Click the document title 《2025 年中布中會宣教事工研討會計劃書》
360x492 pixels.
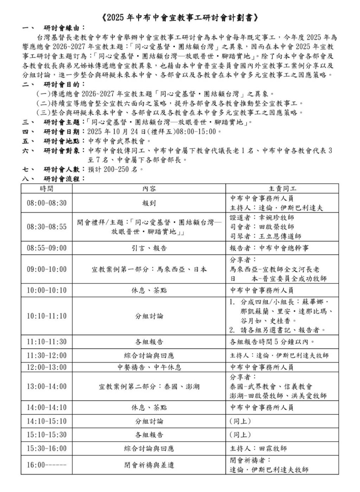(180, 18)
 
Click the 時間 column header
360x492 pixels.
(46, 189)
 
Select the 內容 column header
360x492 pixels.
(149, 189)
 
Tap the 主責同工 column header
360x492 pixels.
(282, 189)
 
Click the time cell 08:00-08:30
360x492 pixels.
(46, 203)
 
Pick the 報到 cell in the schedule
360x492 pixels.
(149, 203)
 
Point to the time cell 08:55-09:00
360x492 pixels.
(46, 248)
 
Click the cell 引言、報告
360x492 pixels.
(149, 248)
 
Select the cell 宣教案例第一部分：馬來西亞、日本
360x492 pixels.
(149, 270)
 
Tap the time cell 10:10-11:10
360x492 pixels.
(46, 316)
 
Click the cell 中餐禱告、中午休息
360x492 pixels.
(149, 367)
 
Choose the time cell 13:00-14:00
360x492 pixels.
(46, 387)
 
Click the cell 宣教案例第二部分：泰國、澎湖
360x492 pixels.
(149, 387)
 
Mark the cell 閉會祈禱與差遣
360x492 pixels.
(149, 465)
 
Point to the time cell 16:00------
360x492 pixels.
(46, 465)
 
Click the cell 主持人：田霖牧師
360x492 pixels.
(258, 448)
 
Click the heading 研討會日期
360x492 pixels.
(62, 132)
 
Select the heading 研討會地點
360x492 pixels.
(62, 141)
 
